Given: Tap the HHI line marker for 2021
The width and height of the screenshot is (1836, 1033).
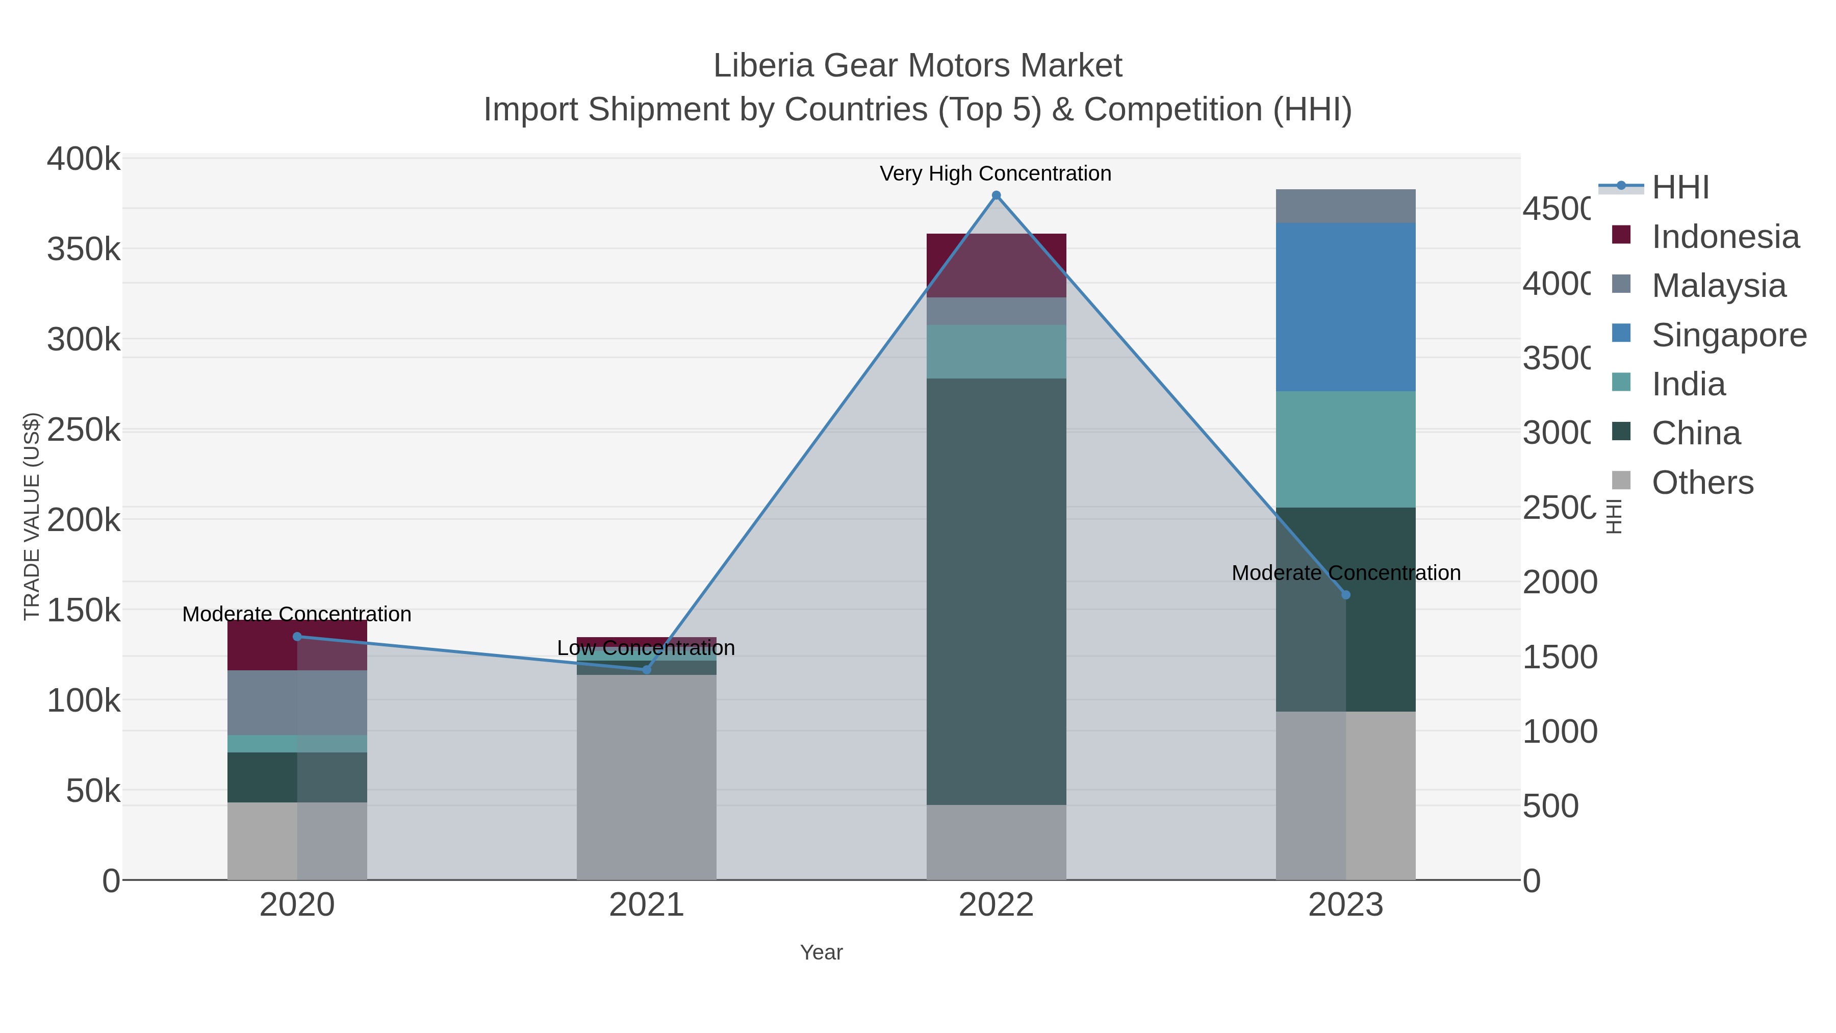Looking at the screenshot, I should [x=647, y=669].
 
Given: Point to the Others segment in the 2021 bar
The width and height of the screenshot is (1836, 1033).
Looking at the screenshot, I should [x=647, y=777].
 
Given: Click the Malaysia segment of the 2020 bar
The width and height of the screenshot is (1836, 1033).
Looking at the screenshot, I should [x=297, y=702].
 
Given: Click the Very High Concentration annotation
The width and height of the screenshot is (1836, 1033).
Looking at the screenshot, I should [x=995, y=173].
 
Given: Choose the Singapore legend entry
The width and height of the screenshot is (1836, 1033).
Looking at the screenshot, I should [x=1728, y=335].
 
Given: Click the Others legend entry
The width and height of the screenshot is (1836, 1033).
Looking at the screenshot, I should [x=1701, y=483].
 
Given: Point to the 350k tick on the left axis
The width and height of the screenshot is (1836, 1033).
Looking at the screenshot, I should [x=84, y=250].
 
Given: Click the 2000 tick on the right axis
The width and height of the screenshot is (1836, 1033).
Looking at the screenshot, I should [x=1560, y=583].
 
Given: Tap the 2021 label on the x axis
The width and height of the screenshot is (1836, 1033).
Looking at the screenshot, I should [x=647, y=905].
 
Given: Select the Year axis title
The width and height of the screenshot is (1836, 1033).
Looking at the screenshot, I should [x=821, y=952].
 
